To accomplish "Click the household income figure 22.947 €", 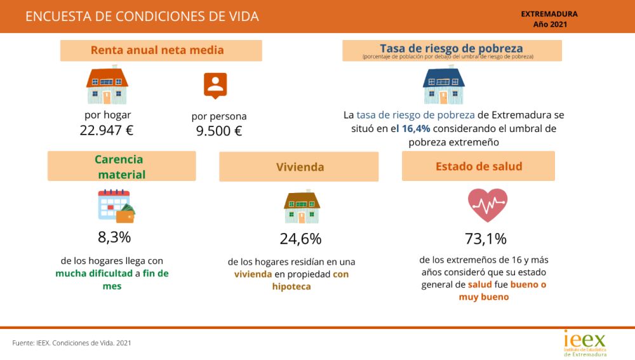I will (x=107, y=131).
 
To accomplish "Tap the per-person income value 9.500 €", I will (x=219, y=131).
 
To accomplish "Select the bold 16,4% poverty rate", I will (x=416, y=129).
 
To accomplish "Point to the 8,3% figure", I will (x=114, y=237).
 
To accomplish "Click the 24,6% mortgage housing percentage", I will (x=300, y=239).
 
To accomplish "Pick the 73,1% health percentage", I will (x=486, y=239).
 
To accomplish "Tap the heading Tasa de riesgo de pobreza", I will (x=451, y=48).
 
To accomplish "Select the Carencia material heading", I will (x=121, y=166).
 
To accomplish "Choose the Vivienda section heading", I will (x=300, y=167).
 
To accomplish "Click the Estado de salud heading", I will (x=479, y=166).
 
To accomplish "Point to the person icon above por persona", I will (x=215, y=85).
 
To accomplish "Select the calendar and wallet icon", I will (x=116, y=206).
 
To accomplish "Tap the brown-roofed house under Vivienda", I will (x=302, y=207).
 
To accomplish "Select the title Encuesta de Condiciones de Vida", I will (x=142, y=17).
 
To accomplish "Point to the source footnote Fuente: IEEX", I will (x=72, y=343).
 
